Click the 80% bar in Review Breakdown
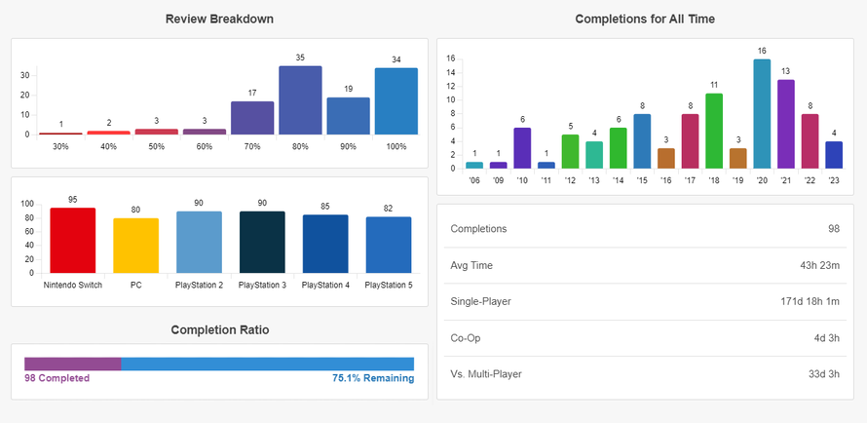[300, 100]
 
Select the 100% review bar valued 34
[396, 101]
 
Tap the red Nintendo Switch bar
[73, 240]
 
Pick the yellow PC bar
[136, 246]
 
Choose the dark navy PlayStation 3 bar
[262, 242]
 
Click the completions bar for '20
[762, 114]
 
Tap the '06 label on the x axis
[474, 180]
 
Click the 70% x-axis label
[251, 146]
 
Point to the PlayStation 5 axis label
[389, 285]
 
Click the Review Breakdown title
[219, 19]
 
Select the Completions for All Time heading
[645, 19]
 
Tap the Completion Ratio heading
[219, 329]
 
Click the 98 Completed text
[57, 378]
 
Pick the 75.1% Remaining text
[372, 378]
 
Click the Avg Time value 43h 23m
[814, 265]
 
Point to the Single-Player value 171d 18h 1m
[798, 301]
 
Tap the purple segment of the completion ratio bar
[73, 364]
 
